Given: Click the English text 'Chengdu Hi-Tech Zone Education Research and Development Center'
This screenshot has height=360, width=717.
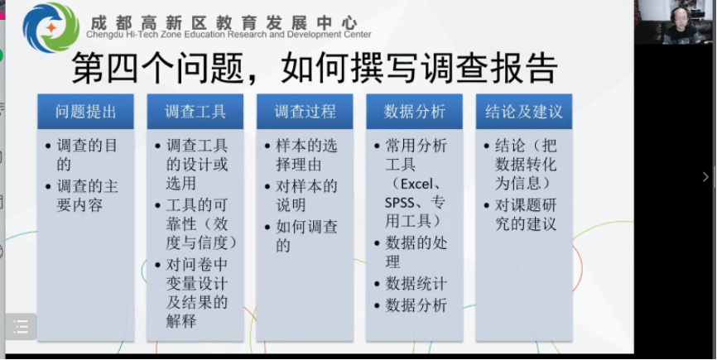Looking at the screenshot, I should coord(229,36).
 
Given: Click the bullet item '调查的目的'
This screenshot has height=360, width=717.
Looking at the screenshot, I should coord(87,155).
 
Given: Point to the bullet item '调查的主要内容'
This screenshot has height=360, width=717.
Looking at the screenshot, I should coord(87,195).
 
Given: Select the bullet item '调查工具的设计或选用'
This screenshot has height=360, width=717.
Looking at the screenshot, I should coord(197,164).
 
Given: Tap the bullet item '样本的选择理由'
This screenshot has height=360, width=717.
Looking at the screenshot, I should coord(306,155).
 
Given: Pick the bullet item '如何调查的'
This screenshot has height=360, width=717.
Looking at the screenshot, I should coord(306,235).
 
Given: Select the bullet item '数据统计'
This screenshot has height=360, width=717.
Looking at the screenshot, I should coord(416,284).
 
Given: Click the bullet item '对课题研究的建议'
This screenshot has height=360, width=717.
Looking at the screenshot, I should coord(526,214).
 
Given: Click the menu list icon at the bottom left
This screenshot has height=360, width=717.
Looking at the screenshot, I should coord(21,328).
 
